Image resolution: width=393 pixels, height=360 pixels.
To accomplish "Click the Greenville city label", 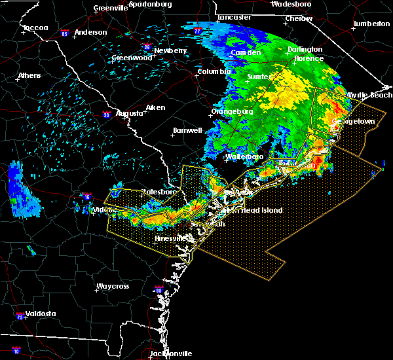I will (x=110, y=8).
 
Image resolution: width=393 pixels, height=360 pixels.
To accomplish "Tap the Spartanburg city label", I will (x=150, y=3).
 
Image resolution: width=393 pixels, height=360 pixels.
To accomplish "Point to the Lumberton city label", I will (x=371, y=24).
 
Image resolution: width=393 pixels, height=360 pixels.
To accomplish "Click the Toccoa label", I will (x=35, y=28).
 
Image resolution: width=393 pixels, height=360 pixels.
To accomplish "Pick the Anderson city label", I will (x=90, y=32).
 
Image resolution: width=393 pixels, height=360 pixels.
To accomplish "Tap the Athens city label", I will (x=29, y=75).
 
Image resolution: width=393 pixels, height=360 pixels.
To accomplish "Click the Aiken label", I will (x=155, y=107).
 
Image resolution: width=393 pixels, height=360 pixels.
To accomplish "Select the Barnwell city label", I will (x=186, y=130).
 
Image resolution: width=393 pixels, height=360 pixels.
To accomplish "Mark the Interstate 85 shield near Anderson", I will (x=65, y=32).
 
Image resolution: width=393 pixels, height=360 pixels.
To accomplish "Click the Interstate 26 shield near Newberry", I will (x=147, y=47).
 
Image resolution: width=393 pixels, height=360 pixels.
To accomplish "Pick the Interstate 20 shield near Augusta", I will (x=106, y=115).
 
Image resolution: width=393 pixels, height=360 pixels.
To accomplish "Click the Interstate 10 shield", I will (x=16, y=351).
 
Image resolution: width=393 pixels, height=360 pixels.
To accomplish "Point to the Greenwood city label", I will (x=132, y=58).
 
